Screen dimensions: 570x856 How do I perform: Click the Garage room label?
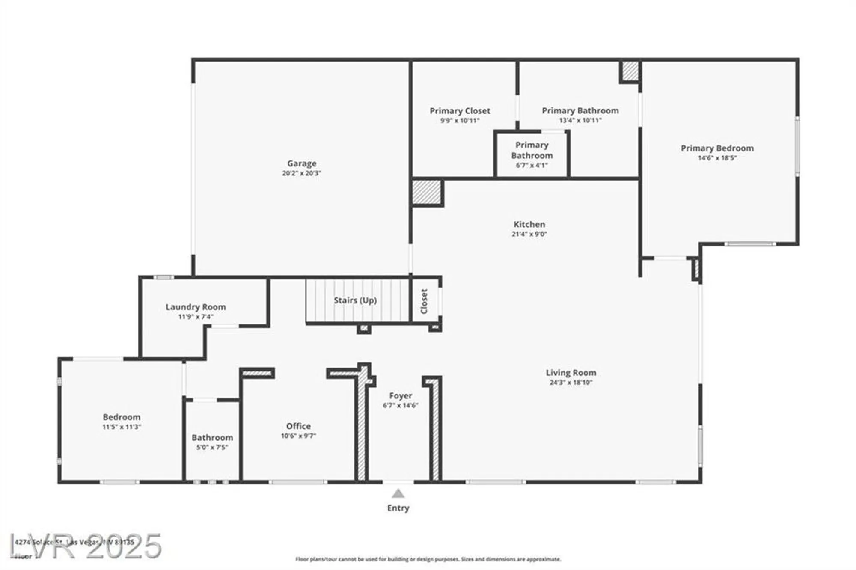point(301,163)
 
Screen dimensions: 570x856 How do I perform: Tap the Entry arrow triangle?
point(398,494)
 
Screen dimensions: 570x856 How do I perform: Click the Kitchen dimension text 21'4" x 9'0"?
point(529,234)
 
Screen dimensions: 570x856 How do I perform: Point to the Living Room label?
point(571,372)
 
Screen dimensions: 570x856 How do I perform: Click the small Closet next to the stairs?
point(424,301)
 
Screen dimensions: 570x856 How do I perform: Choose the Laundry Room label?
point(196,307)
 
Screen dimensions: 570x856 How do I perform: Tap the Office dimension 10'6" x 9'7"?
point(298,436)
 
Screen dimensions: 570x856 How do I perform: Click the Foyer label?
point(400,395)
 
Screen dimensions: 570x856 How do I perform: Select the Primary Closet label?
point(460,111)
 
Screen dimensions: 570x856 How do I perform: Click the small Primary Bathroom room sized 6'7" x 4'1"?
point(532,154)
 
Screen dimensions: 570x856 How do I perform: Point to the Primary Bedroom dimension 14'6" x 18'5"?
point(717,158)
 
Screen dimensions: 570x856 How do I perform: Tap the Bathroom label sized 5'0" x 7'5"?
point(212,437)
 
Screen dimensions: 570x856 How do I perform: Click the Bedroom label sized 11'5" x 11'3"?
point(121,417)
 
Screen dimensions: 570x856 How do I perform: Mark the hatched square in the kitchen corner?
point(426,192)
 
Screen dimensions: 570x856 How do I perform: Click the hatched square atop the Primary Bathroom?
point(630,71)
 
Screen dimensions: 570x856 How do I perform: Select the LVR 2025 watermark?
point(86,546)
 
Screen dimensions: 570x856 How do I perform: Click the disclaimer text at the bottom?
point(428,559)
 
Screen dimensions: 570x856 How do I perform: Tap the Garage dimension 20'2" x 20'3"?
point(301,173)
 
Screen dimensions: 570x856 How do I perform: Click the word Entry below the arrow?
point(398,508)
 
